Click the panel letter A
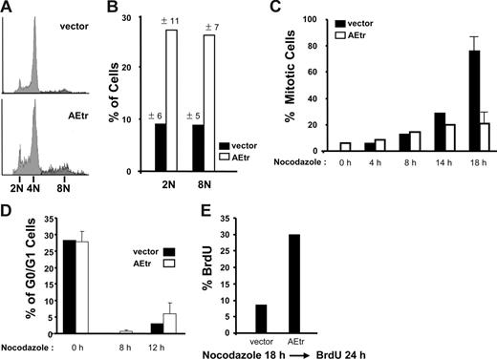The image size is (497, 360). pos(8,9)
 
